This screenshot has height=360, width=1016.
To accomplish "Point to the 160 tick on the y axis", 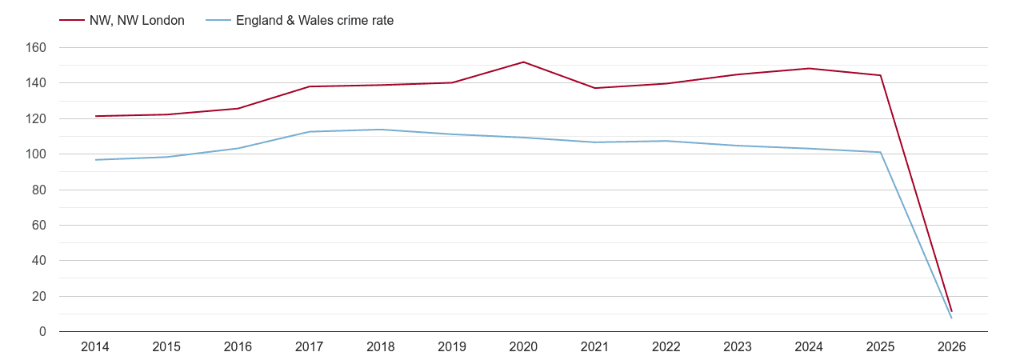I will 37,48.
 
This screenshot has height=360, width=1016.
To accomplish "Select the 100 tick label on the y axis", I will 37,154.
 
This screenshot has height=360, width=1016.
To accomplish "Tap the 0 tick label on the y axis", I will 42,332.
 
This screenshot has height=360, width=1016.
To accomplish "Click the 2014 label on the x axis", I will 95,347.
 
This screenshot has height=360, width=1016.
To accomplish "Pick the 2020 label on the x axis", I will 523,347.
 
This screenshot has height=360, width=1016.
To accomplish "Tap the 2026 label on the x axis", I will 951,347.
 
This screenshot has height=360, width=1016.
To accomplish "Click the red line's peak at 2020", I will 523,62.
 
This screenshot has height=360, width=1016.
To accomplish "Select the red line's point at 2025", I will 880,75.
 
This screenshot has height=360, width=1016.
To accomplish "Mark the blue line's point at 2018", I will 381,130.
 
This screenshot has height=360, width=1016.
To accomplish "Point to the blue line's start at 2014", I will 95,160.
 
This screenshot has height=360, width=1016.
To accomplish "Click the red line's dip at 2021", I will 594,88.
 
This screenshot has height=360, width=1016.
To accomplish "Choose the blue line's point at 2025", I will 880,152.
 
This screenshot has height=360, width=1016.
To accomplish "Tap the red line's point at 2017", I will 310,86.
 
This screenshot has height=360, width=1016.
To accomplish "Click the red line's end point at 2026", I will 951,311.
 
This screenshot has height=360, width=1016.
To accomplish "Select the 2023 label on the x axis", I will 738,347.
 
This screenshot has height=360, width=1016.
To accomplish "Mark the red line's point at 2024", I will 809,68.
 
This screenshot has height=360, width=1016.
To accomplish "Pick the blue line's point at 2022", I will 666,141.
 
